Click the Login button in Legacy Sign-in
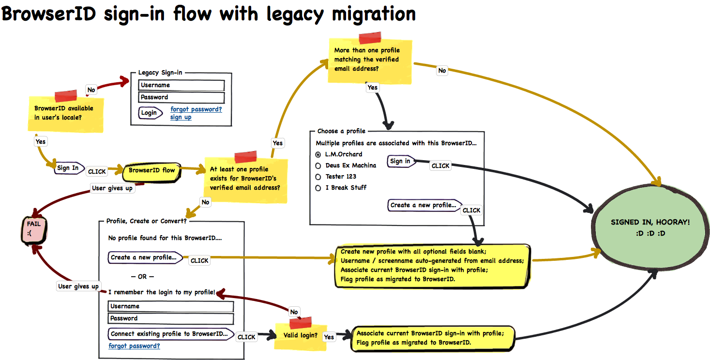[150, 113]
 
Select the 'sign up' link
[181, 117]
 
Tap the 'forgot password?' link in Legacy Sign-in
[196, 109]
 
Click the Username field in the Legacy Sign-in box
[181, 85]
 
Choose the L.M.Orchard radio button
[318, 155]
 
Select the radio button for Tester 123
[318, 177]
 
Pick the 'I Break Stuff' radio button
[318, 188]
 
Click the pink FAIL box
[34, 230]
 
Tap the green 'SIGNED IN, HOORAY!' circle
[650, 227]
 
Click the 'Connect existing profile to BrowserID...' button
[170, 334]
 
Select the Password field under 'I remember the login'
[171, 318]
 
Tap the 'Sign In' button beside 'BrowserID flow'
[68, 168]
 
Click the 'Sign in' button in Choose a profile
[401, 161]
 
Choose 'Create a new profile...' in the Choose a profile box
[424, 205]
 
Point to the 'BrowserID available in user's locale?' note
[66, 113]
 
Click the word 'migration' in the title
[374, 15]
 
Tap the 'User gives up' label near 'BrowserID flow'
[112, 188]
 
